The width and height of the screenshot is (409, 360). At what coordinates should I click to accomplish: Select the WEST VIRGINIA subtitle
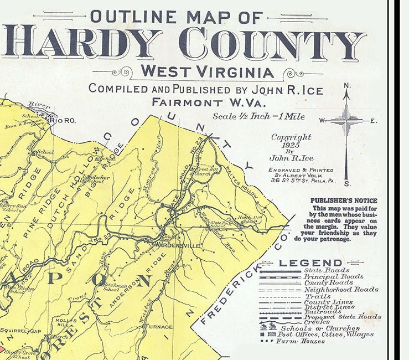207,72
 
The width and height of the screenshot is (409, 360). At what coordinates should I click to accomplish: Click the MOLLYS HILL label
64,323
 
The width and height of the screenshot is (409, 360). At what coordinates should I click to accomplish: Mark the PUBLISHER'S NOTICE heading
344,200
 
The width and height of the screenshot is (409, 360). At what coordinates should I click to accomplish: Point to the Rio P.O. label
59,119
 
